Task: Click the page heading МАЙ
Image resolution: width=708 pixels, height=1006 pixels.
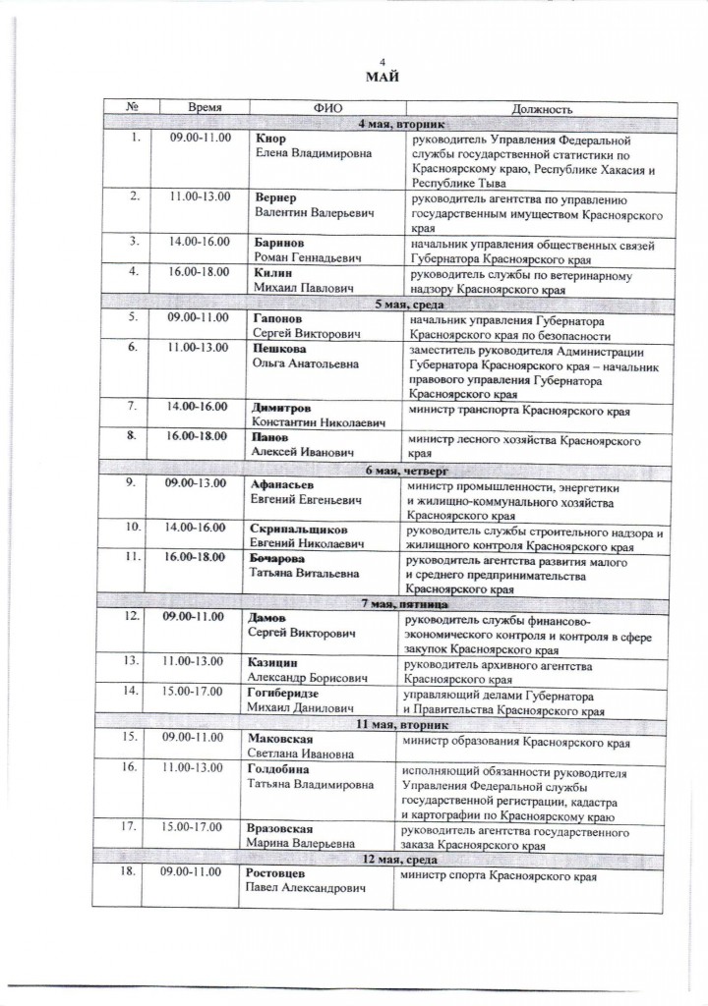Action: point(383,79)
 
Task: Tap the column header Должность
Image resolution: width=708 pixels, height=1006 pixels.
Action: point(542,109)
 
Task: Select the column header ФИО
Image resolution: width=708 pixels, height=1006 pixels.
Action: point(326,109)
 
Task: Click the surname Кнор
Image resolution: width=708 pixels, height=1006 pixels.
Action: point(269,140)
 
